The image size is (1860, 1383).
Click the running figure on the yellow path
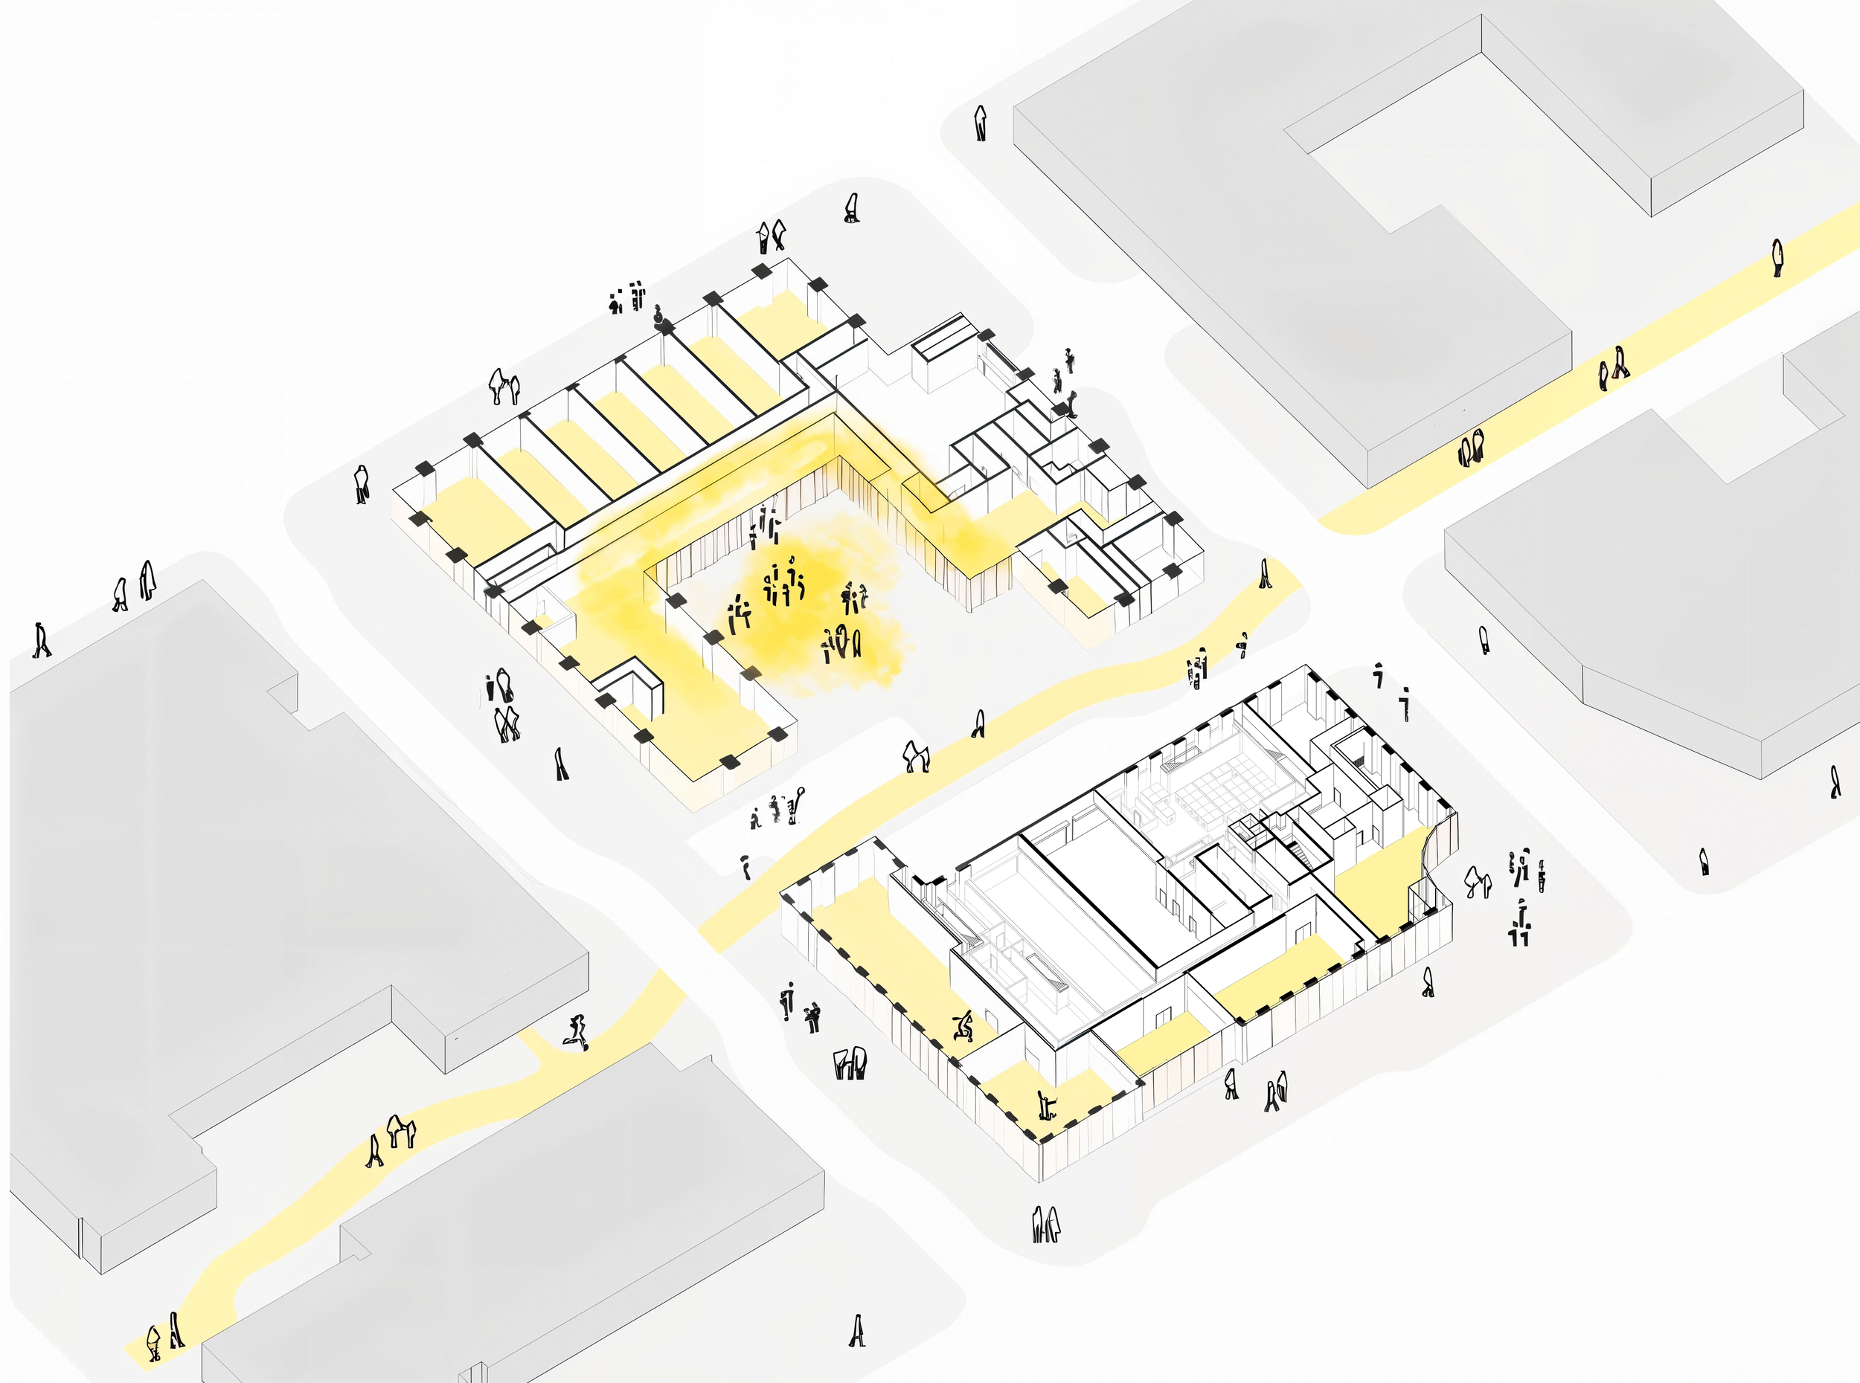[x=576, y=1031]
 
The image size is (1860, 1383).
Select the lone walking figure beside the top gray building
[x=981, y=123]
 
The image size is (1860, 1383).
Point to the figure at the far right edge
[x=1835, y=782]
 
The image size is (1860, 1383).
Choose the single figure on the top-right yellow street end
[x=1777, y=257]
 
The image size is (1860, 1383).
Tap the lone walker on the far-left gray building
[x=40, y=640]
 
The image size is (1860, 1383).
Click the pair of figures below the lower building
[x=1045, y=1224]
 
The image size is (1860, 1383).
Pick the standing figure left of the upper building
[x=361, y=484]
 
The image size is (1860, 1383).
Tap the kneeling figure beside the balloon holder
[x=755, y=819]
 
